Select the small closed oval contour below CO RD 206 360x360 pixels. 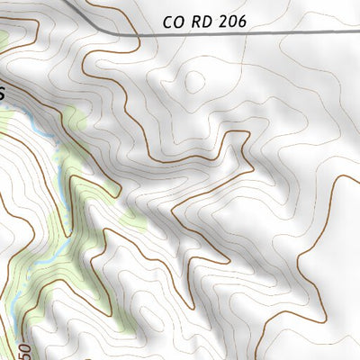pyautogui.click(x=193, y=81)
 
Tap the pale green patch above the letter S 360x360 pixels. pyautogui.click(x=4, y=40)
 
